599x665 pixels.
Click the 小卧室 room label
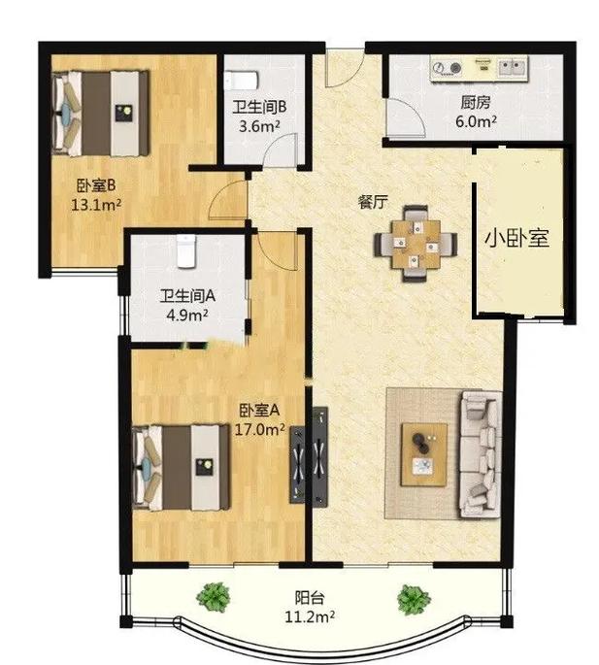[516, 239]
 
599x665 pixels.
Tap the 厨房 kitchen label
[476, 103]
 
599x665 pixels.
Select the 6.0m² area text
[477, 121]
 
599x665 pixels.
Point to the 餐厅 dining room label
[373, 202]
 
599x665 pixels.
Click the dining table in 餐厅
[416, 244]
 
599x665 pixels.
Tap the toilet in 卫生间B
[241, 81]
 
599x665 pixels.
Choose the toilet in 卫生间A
[186, 251]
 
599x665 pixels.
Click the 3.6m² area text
[259, 126]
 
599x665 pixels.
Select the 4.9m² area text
[187, 315]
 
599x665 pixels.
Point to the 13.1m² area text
[96, 205]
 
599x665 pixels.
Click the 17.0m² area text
[259, 430]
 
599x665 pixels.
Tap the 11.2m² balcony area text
[310, 616]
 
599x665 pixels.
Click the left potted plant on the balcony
[215, 597]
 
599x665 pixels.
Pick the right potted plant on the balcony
[414, 600]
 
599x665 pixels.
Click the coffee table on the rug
[424, 454]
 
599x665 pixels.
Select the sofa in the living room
[481, 454]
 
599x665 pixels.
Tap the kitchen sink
[513, 67]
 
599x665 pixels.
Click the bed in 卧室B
[101, 114]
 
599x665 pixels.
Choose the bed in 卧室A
[182, 467]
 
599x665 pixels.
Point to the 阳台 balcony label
[310, 598]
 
